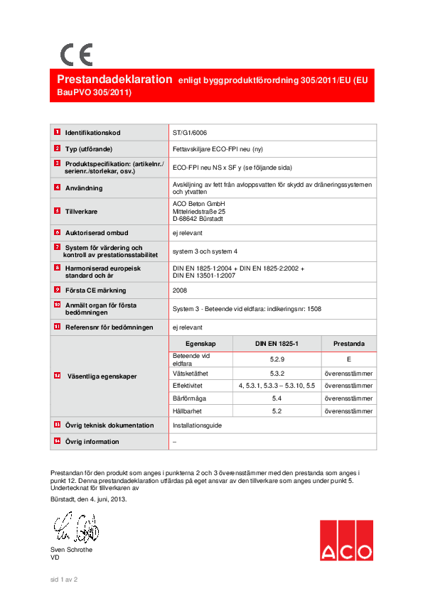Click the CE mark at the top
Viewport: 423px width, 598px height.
click(x=75, y=55)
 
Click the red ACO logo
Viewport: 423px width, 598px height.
click(x=346, y=540)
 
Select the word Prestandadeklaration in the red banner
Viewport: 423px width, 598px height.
click(x=114, y=80)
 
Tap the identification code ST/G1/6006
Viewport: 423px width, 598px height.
click(x=190, y=133)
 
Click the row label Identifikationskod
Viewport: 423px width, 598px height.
click(x=93, y=134)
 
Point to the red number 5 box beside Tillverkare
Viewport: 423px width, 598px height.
click(x=57, y=211)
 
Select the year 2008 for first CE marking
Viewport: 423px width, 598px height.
click(x=180, y=290)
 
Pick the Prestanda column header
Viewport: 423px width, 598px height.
click(x=348, y=343)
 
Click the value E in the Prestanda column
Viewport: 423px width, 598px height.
click(x=348, y=359)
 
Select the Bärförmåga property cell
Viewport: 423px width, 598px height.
click(x=187, y=399)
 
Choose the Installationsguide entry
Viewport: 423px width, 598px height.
click(x=197, y=425)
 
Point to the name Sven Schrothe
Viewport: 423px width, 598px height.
click(x=71, y=550)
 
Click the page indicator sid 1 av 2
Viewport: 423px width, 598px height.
click(x=63, y=580)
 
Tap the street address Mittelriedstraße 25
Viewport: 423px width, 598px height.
click(x=199, y=211)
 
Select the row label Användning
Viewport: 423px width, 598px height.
click(x=84, y=188)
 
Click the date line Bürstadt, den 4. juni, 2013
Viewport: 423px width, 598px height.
click(x=89, y=499)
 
